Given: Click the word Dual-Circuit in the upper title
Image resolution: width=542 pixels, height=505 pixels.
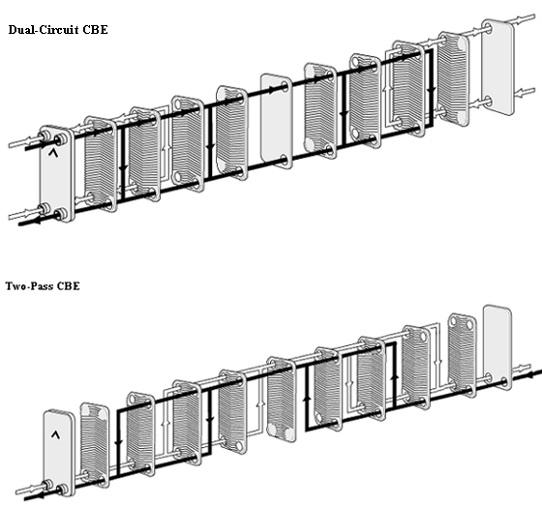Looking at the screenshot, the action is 44,29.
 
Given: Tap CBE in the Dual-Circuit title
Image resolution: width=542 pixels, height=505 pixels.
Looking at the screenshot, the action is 95,29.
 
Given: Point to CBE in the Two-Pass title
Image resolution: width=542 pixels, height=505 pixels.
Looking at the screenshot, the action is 68,286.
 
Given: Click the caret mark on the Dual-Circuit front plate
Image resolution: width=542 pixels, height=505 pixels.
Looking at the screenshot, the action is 53,152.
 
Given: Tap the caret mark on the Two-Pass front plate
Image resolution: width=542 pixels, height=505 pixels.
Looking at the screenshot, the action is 55,434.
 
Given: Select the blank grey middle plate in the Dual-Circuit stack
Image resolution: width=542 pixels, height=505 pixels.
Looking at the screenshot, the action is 277,120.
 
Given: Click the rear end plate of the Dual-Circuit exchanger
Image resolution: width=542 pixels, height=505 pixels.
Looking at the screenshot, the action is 497,68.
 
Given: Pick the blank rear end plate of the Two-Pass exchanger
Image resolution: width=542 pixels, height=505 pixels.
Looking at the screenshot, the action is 497,346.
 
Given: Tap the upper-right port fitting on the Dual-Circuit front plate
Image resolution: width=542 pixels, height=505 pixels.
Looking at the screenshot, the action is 62,139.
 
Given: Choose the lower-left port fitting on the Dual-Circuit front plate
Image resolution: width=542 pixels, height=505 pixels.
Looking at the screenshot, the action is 45,208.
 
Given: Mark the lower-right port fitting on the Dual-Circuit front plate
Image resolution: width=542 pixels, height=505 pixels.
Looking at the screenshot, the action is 62,213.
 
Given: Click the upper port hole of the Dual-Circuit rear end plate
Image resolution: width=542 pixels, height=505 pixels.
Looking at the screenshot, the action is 488,29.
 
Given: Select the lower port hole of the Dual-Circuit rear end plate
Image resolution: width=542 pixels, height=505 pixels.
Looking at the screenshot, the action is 488,102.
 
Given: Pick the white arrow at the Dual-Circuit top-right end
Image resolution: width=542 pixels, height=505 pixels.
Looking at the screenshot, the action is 519,19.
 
